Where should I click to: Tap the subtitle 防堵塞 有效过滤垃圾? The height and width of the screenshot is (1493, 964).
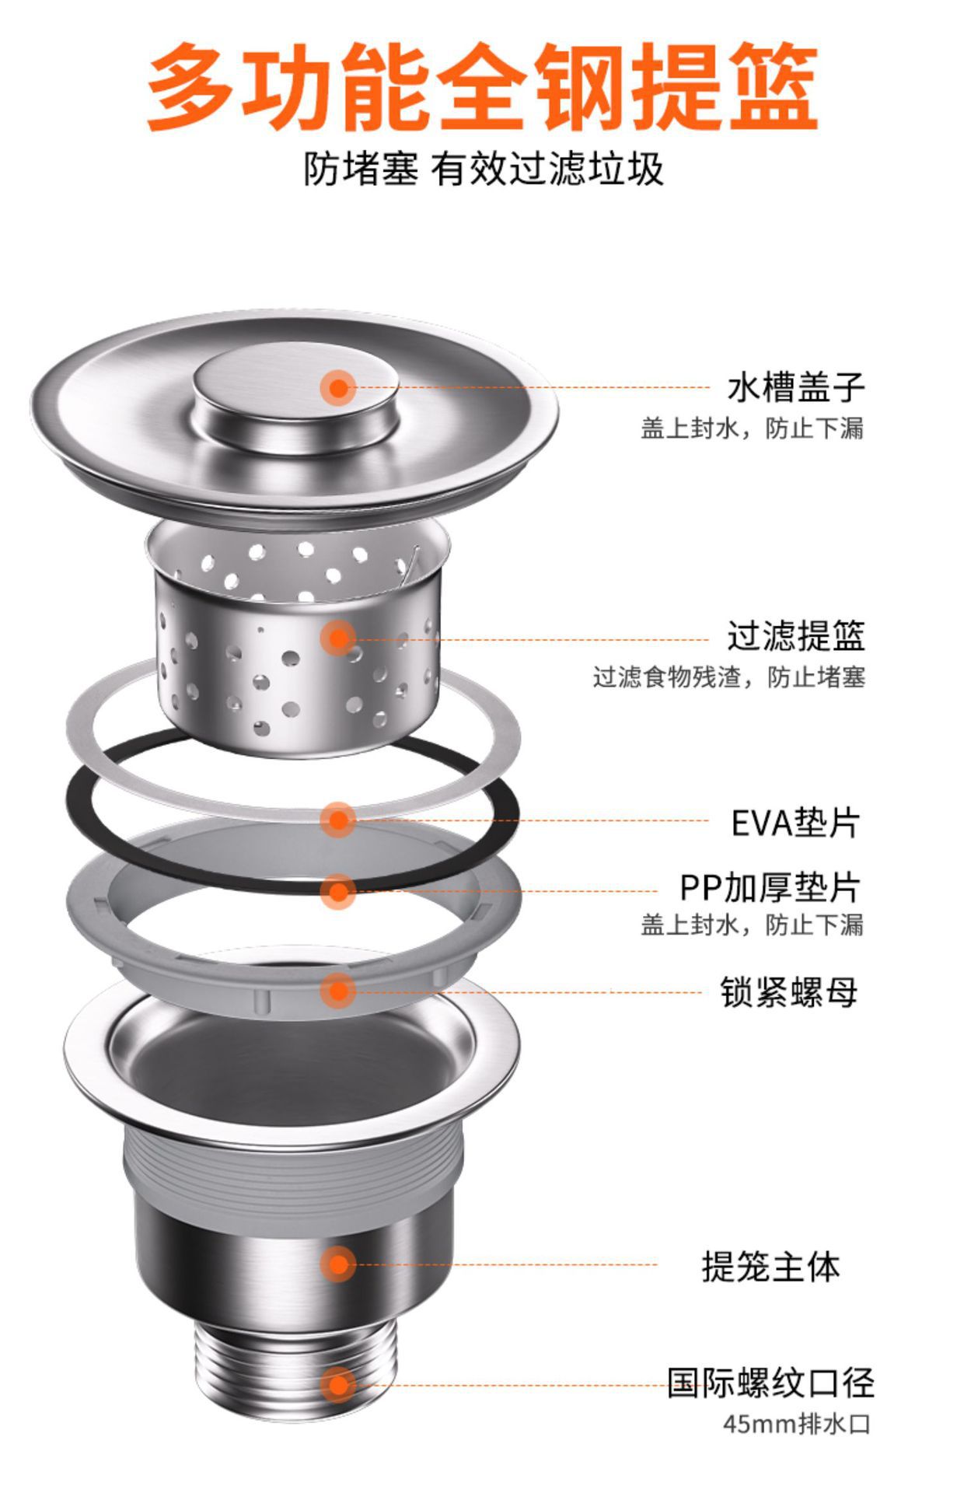point(483,169)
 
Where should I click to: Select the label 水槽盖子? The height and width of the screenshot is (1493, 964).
point(795,387)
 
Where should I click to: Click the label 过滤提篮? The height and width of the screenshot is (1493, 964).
point(795,636)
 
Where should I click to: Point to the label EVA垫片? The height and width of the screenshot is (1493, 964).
point(795,823)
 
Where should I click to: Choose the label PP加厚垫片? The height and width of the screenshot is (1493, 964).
point(770,887)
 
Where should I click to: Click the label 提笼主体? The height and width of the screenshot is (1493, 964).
point(770,1267)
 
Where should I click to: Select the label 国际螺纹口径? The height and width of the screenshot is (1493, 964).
point(770,1383)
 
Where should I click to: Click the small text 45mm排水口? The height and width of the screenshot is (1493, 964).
point(796,1425)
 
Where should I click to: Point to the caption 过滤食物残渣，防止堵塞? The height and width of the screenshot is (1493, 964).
point(728,677)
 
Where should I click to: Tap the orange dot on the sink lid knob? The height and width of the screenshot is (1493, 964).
point(338,386)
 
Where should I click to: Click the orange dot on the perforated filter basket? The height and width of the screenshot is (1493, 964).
point(338,638)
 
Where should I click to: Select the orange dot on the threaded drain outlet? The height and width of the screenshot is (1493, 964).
point(338,1385)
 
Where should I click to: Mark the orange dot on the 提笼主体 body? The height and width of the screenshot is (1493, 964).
point(338,1264)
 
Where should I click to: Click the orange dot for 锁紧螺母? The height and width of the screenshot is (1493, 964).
point(338,991)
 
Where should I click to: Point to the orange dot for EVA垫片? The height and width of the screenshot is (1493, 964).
point(338,820)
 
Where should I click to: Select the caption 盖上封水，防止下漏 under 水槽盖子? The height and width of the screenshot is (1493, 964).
point(751,428)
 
